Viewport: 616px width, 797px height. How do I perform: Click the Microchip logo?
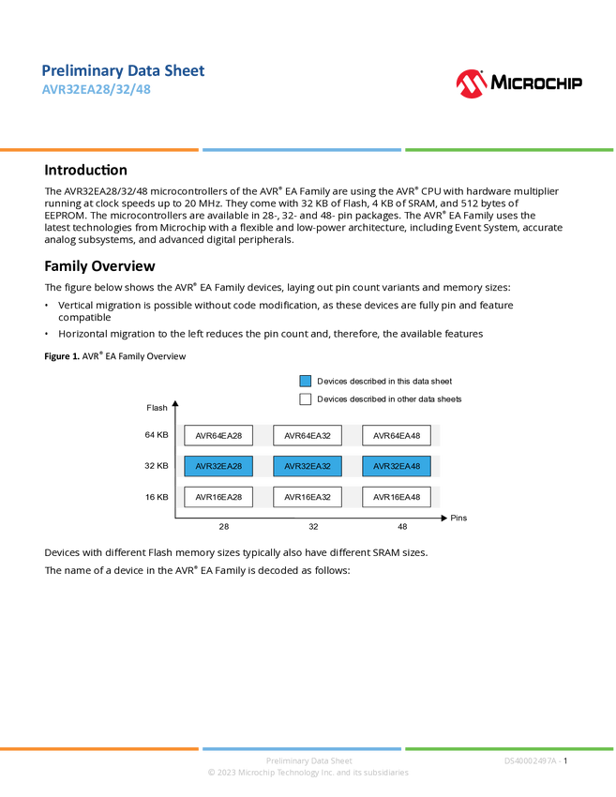coord(518,83)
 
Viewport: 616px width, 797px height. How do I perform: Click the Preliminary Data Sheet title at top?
coord(123,70)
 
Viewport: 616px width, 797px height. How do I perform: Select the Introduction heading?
coord(85,170)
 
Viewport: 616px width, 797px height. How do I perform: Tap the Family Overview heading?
coord(99,266)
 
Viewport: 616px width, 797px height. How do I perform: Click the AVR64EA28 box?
coord(218,436)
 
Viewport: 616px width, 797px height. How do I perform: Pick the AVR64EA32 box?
coord(308,436)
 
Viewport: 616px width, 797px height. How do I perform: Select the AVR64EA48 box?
coord(397,436)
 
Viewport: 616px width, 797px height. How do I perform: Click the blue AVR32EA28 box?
coord(218,466)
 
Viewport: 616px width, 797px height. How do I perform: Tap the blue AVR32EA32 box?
coord(308,466)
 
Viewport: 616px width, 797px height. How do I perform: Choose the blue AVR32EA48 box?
coord(397,466)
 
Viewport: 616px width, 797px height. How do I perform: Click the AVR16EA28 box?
coord(218,497)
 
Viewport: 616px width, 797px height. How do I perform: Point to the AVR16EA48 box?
coord(397,497)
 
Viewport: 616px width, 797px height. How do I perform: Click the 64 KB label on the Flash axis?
coord(157,435)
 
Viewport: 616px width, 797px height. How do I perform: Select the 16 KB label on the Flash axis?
coord(157,497)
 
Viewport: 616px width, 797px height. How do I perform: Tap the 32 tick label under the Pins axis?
coord(313,527)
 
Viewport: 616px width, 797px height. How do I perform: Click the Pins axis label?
coord(458,518)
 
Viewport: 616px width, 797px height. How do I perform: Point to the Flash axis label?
coord(157,408)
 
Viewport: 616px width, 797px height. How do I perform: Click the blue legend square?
coord(306,382)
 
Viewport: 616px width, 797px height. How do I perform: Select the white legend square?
coord(306,399)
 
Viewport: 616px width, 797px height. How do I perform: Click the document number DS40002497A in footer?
coord(530,761)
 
